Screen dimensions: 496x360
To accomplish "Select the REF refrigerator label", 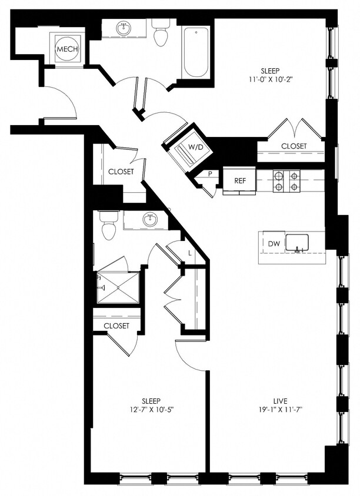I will (240, 180).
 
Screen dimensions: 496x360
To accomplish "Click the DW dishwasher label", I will (274, 243).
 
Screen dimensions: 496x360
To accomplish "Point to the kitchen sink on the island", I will (298, 243).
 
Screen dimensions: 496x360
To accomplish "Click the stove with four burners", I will (286, 181).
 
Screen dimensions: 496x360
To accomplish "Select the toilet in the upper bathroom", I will (161, 34).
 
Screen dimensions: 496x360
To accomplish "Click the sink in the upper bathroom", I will (124, 28).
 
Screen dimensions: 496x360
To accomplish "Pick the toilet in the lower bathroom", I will (108, 226).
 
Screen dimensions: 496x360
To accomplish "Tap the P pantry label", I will (209, 174).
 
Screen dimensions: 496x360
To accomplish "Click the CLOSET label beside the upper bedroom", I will (293, 146).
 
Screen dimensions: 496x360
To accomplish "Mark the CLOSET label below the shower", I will (116, 326).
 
